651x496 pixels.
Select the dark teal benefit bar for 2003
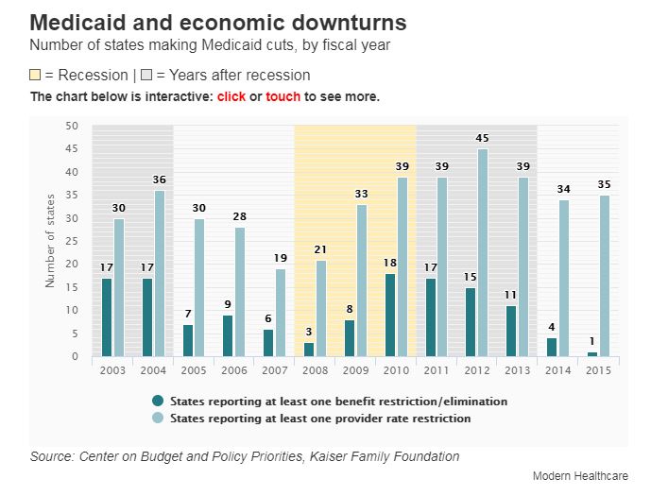click(107, 317)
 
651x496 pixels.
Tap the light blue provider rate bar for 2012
click(483, 252)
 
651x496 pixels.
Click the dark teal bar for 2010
click(390, 315)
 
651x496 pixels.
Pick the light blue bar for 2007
click(281, 313)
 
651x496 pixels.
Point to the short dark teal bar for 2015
click(592, 354)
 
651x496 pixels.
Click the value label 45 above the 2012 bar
click(483, 139)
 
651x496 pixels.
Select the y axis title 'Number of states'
click(50, 241)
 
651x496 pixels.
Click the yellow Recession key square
click(36, 76)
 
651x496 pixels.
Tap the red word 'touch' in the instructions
click(283, 97)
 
